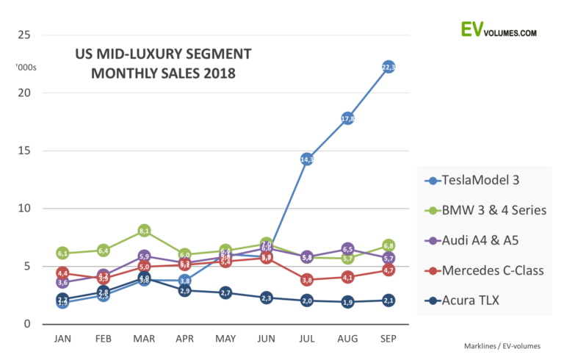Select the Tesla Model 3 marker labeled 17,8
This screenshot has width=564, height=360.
click(x=348, y=118)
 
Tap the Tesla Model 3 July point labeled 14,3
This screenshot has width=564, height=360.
click(x=307, y=159)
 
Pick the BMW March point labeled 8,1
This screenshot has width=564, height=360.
click(x=144, y=231)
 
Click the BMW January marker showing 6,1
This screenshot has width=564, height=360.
click(x=62, y=253)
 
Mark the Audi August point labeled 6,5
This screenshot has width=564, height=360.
click(x=348, y=249)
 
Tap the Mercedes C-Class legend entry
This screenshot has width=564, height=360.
click(x=493, y=270)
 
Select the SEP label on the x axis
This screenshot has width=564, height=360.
click(x=388, y=339)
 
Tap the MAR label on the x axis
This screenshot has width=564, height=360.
click(x=144, y=339)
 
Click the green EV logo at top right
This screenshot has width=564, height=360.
click(x=471, y=29)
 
